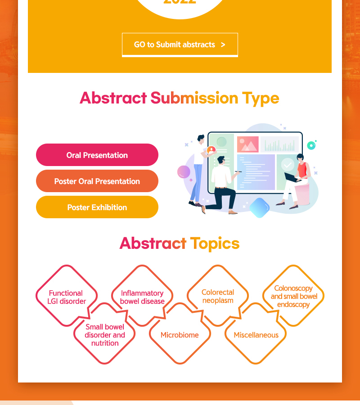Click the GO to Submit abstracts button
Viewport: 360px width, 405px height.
[x=180, y=45]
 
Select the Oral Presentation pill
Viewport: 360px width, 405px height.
[x=97, y=155]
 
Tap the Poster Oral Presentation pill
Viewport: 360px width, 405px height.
[x=97, y=181]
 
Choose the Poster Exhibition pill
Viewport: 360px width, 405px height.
[x=97, y=207]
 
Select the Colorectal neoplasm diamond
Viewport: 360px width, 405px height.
[x=218, y=296]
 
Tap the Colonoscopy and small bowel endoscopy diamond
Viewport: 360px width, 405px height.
[x=293, y=296]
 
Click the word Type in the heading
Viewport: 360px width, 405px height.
[x=260, y=99]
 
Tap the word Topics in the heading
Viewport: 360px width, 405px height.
[x=215, y=243]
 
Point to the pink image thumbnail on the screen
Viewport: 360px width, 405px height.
[x=247, y=144]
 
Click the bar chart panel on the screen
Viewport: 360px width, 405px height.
[x=279, y=144]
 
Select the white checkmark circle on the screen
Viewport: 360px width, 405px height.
[x=288, y=165]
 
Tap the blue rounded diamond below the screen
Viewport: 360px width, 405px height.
[x=260, y=207]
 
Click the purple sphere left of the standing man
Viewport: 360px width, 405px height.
[x=184, y=172]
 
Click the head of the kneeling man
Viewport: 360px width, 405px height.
[x=221, y=160]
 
